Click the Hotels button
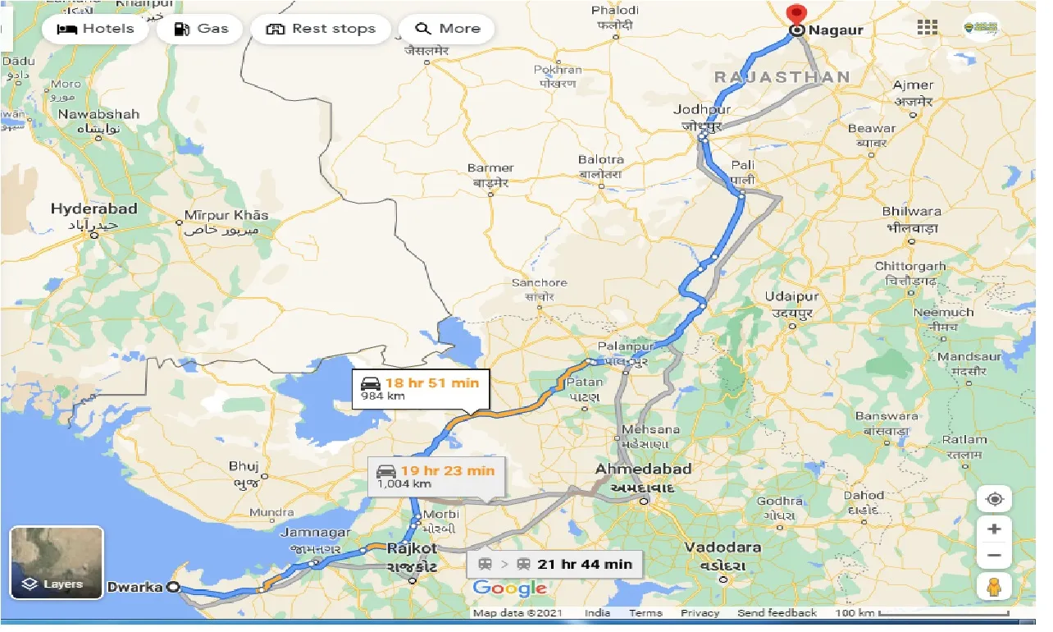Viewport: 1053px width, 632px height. pos(95,29)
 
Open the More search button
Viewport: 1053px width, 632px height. pos(447,29)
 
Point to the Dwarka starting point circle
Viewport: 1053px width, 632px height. pos(172,587)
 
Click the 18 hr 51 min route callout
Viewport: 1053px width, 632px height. pos(421,389)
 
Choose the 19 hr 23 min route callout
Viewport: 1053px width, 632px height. pos(436,476)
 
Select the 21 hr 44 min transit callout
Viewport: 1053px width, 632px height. pos(554,564)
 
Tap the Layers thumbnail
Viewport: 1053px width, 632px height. pos(57,563)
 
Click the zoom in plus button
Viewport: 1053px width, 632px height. pos(994,529)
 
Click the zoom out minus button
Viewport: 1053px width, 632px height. pos(994,556)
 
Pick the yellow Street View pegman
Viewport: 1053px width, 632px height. pos(994,586)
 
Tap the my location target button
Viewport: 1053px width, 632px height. pos(994,499)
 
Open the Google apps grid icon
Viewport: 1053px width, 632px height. pos(928,27)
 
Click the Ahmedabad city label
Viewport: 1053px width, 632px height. pos(643,469)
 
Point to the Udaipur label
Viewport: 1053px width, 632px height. pos(791,297)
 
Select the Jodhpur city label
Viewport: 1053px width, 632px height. pos(701,110)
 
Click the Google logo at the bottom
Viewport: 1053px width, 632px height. pos(509,588)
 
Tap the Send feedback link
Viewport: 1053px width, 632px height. pos(777,613)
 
